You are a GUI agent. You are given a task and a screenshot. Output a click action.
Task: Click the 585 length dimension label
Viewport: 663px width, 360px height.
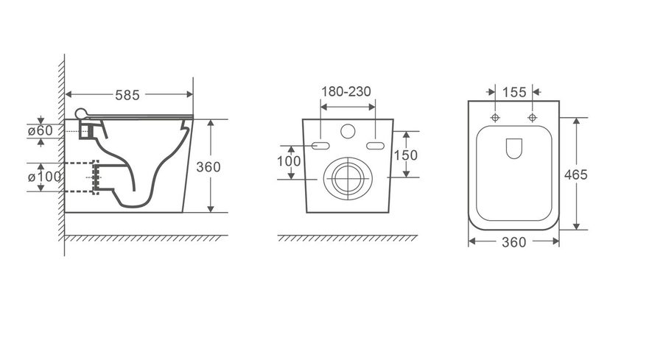point(127,95)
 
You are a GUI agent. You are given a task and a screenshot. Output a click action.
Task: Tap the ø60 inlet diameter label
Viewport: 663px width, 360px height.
point(41,130)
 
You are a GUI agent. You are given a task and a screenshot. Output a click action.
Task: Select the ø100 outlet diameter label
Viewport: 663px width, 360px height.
point(44,176)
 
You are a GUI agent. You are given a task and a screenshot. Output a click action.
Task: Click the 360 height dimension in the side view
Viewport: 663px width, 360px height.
point(208,167)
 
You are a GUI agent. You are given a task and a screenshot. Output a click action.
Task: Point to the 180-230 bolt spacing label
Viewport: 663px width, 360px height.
point(346,91)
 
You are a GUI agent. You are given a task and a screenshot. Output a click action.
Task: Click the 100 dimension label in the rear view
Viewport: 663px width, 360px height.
point(289,161)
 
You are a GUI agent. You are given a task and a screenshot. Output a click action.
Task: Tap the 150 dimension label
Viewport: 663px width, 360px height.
point(405,155)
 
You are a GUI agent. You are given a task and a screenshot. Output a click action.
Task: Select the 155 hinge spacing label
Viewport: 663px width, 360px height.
point(514,92)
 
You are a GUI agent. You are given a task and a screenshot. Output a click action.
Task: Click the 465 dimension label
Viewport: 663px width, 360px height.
point(575,174)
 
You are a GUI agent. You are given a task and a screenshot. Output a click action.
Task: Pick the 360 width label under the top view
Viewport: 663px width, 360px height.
point(513,242)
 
